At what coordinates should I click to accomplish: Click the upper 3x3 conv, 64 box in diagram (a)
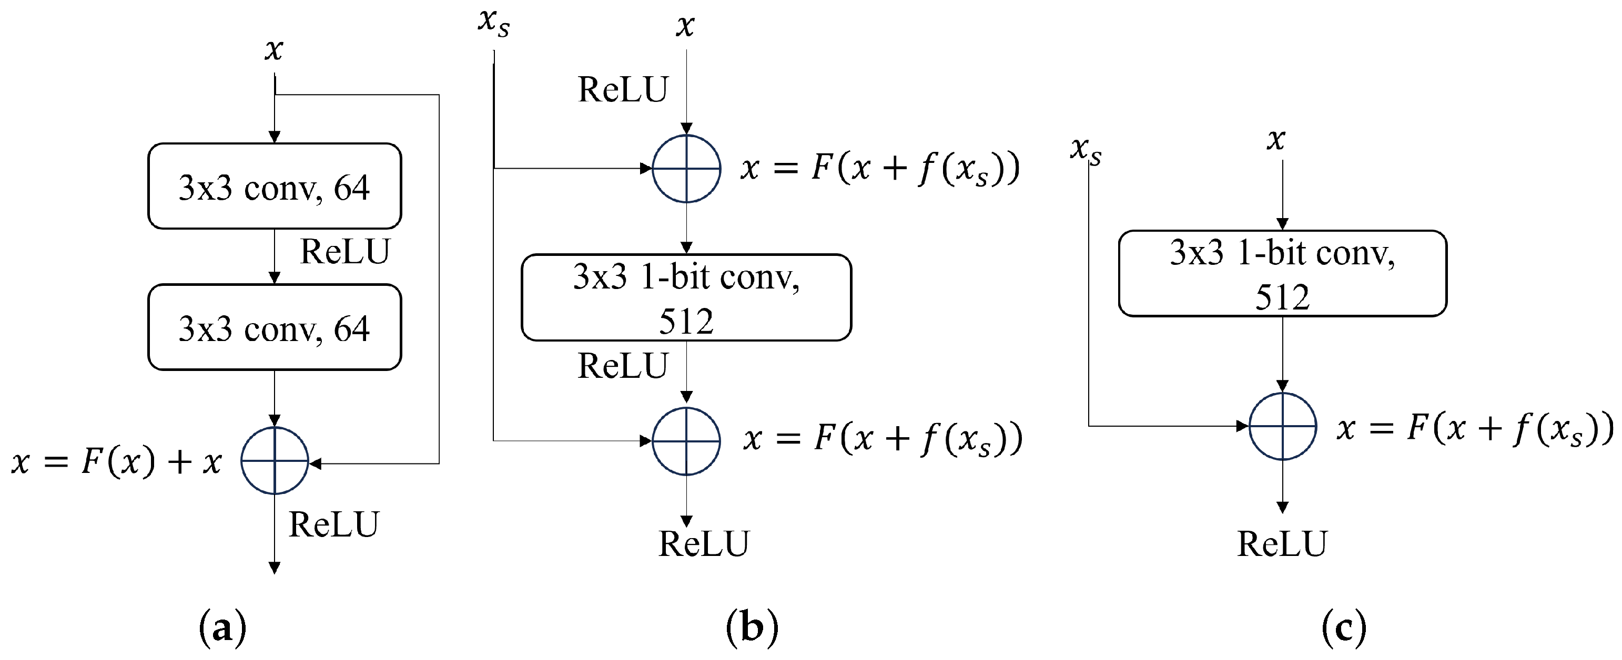click(x=275, y=186)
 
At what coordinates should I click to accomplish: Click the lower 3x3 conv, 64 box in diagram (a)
click(x=275, y=327)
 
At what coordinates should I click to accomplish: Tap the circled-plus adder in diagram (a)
click(x=275, y=460)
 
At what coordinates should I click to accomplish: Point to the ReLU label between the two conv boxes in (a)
click(x=345, y=252)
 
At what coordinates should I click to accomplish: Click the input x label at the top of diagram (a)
click(x=274, y=49)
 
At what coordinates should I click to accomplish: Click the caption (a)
click(x=222, y=628)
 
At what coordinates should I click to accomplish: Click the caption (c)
click(x=1344, y=628)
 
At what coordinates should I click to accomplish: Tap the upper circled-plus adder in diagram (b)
click(x=686, y=169)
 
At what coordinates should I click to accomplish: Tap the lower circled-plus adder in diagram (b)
click(x=686, y=441)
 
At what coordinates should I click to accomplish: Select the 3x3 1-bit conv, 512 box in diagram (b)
click(x=686, y=297)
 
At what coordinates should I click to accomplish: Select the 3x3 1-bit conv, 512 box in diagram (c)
click(x=1283, y=274)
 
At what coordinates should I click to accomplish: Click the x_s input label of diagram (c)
click(x=1086, y=151)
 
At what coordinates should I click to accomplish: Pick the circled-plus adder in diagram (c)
click(x=1283, y=426)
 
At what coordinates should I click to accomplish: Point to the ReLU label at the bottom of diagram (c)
click(x=1282, y=543)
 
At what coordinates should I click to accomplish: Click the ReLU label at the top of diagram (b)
click(x=623, y=89)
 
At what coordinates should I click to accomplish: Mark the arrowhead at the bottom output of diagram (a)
click(x=275, y=568)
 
